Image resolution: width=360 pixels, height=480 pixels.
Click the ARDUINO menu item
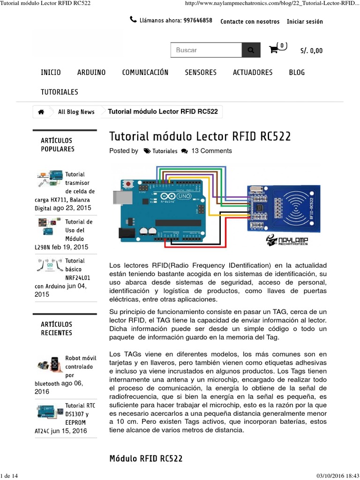[91, 72]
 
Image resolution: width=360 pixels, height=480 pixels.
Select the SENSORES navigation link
[201, 72]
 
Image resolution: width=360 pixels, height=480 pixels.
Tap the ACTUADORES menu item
[253, 72]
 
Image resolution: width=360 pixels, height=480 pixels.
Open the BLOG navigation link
[297, 72]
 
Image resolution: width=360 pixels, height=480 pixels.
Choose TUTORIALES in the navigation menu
[60, 92]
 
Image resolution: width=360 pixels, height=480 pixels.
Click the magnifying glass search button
[251, 50]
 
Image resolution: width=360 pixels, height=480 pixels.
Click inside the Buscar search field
[206, 50]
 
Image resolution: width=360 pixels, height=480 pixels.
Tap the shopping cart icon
[274, 50]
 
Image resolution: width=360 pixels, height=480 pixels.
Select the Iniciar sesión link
[305, 22]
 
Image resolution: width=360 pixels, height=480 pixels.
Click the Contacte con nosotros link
[250, 22]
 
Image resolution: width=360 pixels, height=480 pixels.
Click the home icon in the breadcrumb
[41, 112]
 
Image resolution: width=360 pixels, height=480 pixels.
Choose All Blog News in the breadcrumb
[76, 112]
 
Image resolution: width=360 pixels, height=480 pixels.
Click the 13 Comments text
[211, 151]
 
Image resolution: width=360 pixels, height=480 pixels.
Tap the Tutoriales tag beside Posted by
[165, 151]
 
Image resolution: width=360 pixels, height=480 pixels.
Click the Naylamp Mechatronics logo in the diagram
[287, 240]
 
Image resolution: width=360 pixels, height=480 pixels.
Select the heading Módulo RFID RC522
[146, 458]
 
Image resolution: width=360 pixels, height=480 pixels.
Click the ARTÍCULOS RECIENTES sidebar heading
[56, 329]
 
